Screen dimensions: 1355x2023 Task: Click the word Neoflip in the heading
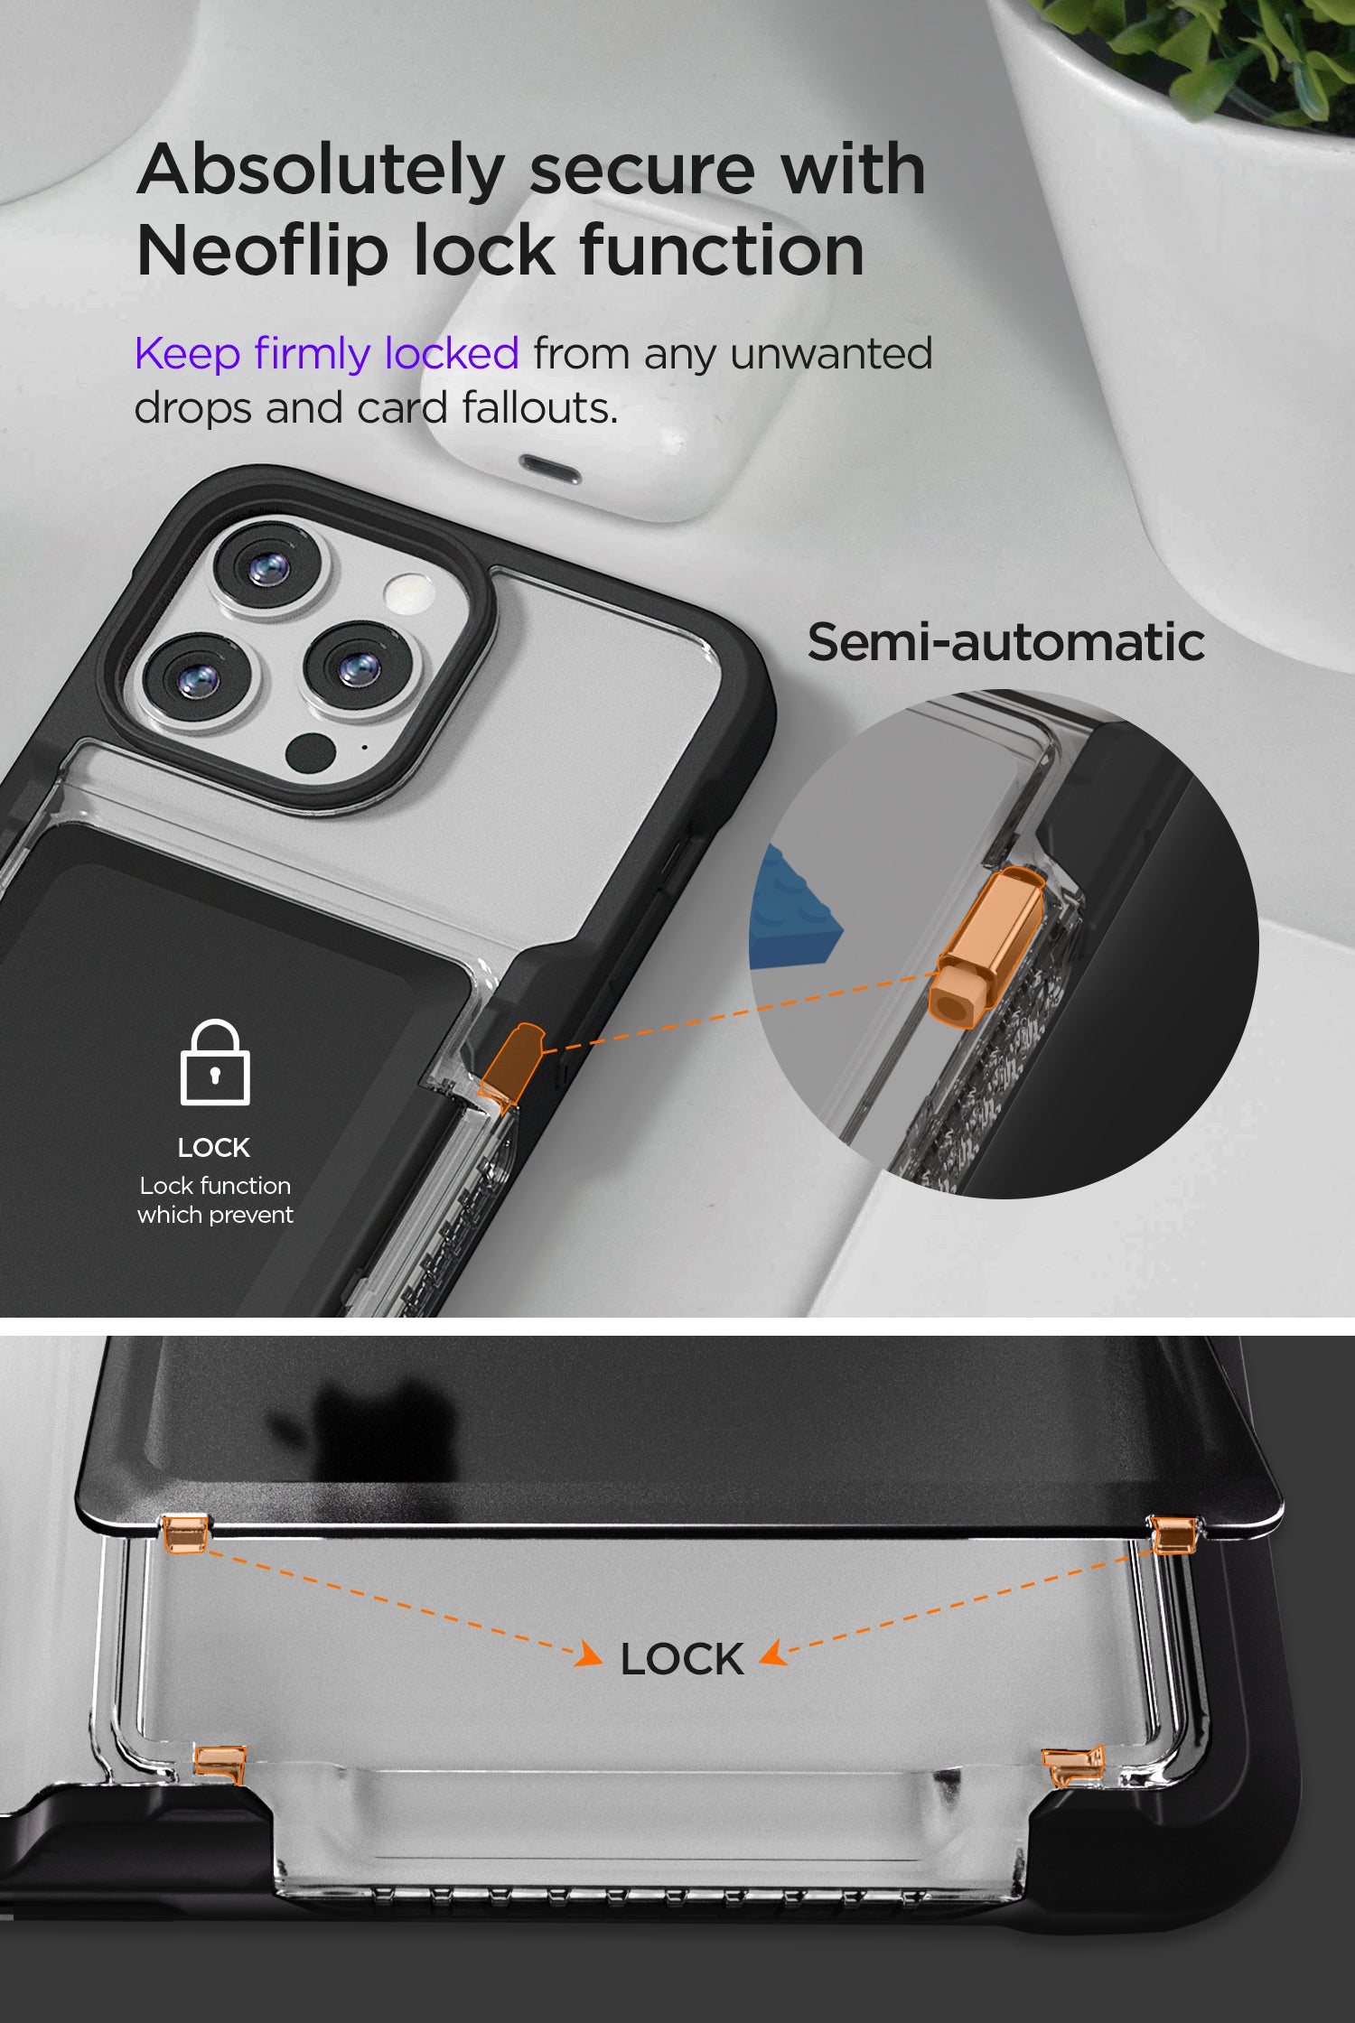pos(263,250)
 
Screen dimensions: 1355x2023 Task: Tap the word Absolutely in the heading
pos(321,170)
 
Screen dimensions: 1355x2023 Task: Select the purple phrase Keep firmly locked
pos(327,353)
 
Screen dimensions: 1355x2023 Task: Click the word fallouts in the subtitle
pos(540,407)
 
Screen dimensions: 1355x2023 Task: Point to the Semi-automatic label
pos(1005,642)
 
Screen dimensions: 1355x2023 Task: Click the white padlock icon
pos(215,1062)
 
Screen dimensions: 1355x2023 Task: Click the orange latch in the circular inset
pos(986,947)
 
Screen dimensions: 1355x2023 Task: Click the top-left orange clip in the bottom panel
pos(185,1534)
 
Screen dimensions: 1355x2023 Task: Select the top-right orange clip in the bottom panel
pos(1173,1534)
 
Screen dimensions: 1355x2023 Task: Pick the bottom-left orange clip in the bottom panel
pos(220,1764)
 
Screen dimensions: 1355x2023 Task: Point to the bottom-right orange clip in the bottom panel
pos(1073,1767)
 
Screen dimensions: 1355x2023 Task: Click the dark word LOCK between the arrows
pos(682,1660)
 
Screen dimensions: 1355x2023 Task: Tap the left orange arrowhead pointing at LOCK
pos(590,1655)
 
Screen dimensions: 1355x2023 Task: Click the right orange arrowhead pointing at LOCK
pos(773,1654)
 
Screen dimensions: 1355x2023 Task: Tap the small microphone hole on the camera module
pos(364,748)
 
